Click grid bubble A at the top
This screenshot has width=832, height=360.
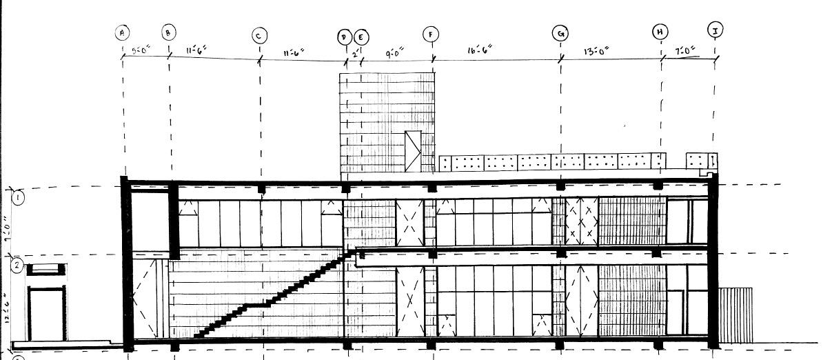123,32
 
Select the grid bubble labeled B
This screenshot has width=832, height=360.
169,32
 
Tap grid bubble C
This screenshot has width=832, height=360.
259,35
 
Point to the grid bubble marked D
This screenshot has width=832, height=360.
345,37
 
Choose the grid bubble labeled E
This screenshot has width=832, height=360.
361,37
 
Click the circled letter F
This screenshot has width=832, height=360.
432,34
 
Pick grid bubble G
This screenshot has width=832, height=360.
560,32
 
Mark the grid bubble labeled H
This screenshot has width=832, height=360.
660,31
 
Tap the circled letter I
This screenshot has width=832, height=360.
715,29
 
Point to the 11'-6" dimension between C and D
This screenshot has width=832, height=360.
294,52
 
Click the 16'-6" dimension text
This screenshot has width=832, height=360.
479,51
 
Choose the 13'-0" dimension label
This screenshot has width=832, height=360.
596,50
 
